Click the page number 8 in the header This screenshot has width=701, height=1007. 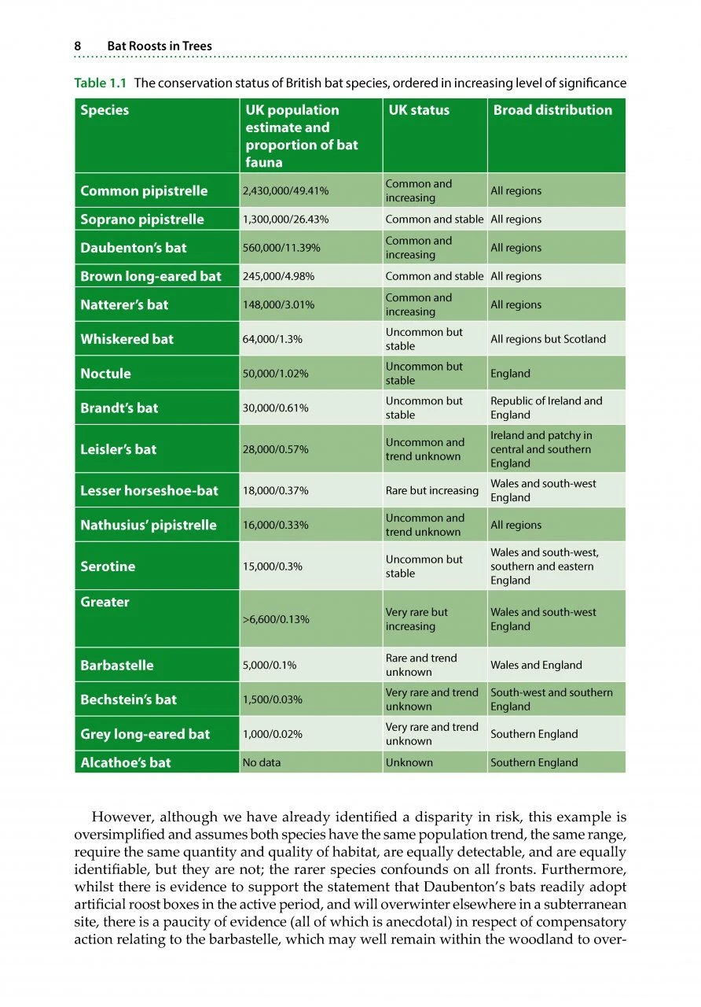coord(78,46)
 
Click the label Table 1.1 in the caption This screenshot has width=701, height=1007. coord(102,83)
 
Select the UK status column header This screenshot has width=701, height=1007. coord(419,110)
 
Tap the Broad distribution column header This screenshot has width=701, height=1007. coord(552,110)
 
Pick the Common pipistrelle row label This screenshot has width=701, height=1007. coord(144,191)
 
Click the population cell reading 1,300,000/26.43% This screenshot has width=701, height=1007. coord(285,219)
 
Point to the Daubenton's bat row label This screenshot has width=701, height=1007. coord(134,248)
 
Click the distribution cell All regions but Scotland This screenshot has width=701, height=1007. coord(548,339)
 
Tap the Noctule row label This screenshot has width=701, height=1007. coord(105,374)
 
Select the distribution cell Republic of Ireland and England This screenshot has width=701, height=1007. coord(546,408)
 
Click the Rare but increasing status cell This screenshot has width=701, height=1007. coord(431,490)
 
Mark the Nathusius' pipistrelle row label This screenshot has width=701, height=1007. coord(149,526)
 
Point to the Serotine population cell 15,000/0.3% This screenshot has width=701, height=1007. coord(275,566)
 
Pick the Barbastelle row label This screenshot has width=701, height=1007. coord(117,666)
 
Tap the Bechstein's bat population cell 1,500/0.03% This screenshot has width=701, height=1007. coord(273,699)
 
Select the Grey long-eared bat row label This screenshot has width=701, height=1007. coord(145,734)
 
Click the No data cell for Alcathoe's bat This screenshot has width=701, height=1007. coord(262,762)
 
